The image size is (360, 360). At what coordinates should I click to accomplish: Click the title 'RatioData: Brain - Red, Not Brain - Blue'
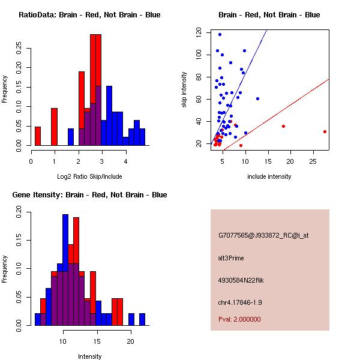point(89,15)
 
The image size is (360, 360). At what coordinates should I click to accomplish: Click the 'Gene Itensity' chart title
point(89,195)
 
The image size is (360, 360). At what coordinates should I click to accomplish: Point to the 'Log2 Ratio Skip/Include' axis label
point(89,176)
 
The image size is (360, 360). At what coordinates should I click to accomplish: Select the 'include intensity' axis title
point(269,176)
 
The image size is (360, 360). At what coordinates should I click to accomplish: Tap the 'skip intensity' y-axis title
point(184,89)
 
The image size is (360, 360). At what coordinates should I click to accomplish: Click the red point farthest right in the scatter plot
point(325,132)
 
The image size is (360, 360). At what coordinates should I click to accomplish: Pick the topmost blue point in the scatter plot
point(220,35)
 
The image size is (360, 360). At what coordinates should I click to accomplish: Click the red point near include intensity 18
point(284,127)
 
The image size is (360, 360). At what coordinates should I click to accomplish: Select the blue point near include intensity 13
point(257,99)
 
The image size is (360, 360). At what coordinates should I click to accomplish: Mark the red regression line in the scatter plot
point(276,115)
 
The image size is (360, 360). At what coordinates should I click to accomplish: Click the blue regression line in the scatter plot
point(239,87)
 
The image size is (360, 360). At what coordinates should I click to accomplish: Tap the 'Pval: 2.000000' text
point(239,319)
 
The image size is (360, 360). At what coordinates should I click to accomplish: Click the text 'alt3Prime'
point(231,258)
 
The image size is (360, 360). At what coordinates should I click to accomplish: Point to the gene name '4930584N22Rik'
point(241,280)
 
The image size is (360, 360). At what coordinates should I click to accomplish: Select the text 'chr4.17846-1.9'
point(240,302)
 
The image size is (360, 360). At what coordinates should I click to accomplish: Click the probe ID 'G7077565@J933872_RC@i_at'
point(263,236)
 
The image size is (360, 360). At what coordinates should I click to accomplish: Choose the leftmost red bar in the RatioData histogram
point(38,136)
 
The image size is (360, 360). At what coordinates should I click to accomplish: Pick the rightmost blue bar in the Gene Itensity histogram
point(142,319)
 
